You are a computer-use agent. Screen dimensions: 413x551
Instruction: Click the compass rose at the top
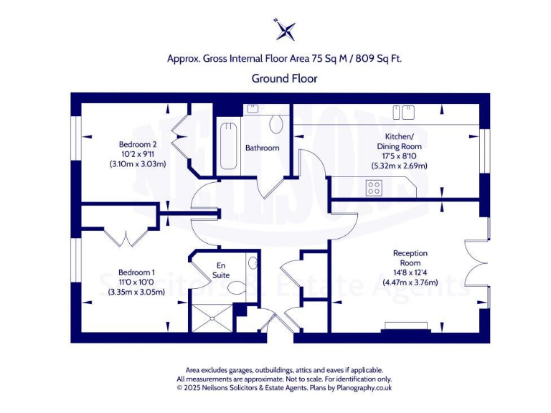coord(286,30)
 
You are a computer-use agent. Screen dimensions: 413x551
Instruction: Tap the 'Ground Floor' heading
coord(284,78)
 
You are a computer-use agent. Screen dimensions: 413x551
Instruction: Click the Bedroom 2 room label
coord(138,144)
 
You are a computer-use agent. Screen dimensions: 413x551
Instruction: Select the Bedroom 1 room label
coord(136,272)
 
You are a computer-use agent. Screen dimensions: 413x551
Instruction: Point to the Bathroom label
coord(262,148)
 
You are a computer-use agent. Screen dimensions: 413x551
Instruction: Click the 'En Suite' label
coord(222,270)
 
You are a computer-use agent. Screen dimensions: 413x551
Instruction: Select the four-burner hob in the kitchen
coord(374,187)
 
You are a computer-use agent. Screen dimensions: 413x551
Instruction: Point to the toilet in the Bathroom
coord(276,125)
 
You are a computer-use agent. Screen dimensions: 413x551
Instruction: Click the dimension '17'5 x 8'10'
coord(400,156)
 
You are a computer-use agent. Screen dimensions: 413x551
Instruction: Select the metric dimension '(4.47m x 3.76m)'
coord(410,283)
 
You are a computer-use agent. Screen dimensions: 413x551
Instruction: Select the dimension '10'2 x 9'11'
coord(138,154)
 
